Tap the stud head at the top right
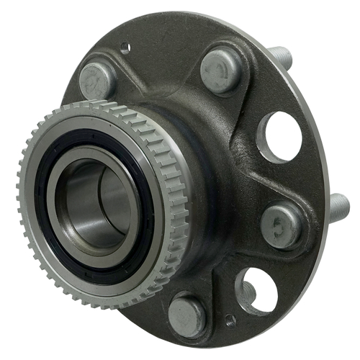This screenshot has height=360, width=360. click(x=219, y=68)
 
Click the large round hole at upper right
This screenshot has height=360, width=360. click(x=279, y=136)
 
